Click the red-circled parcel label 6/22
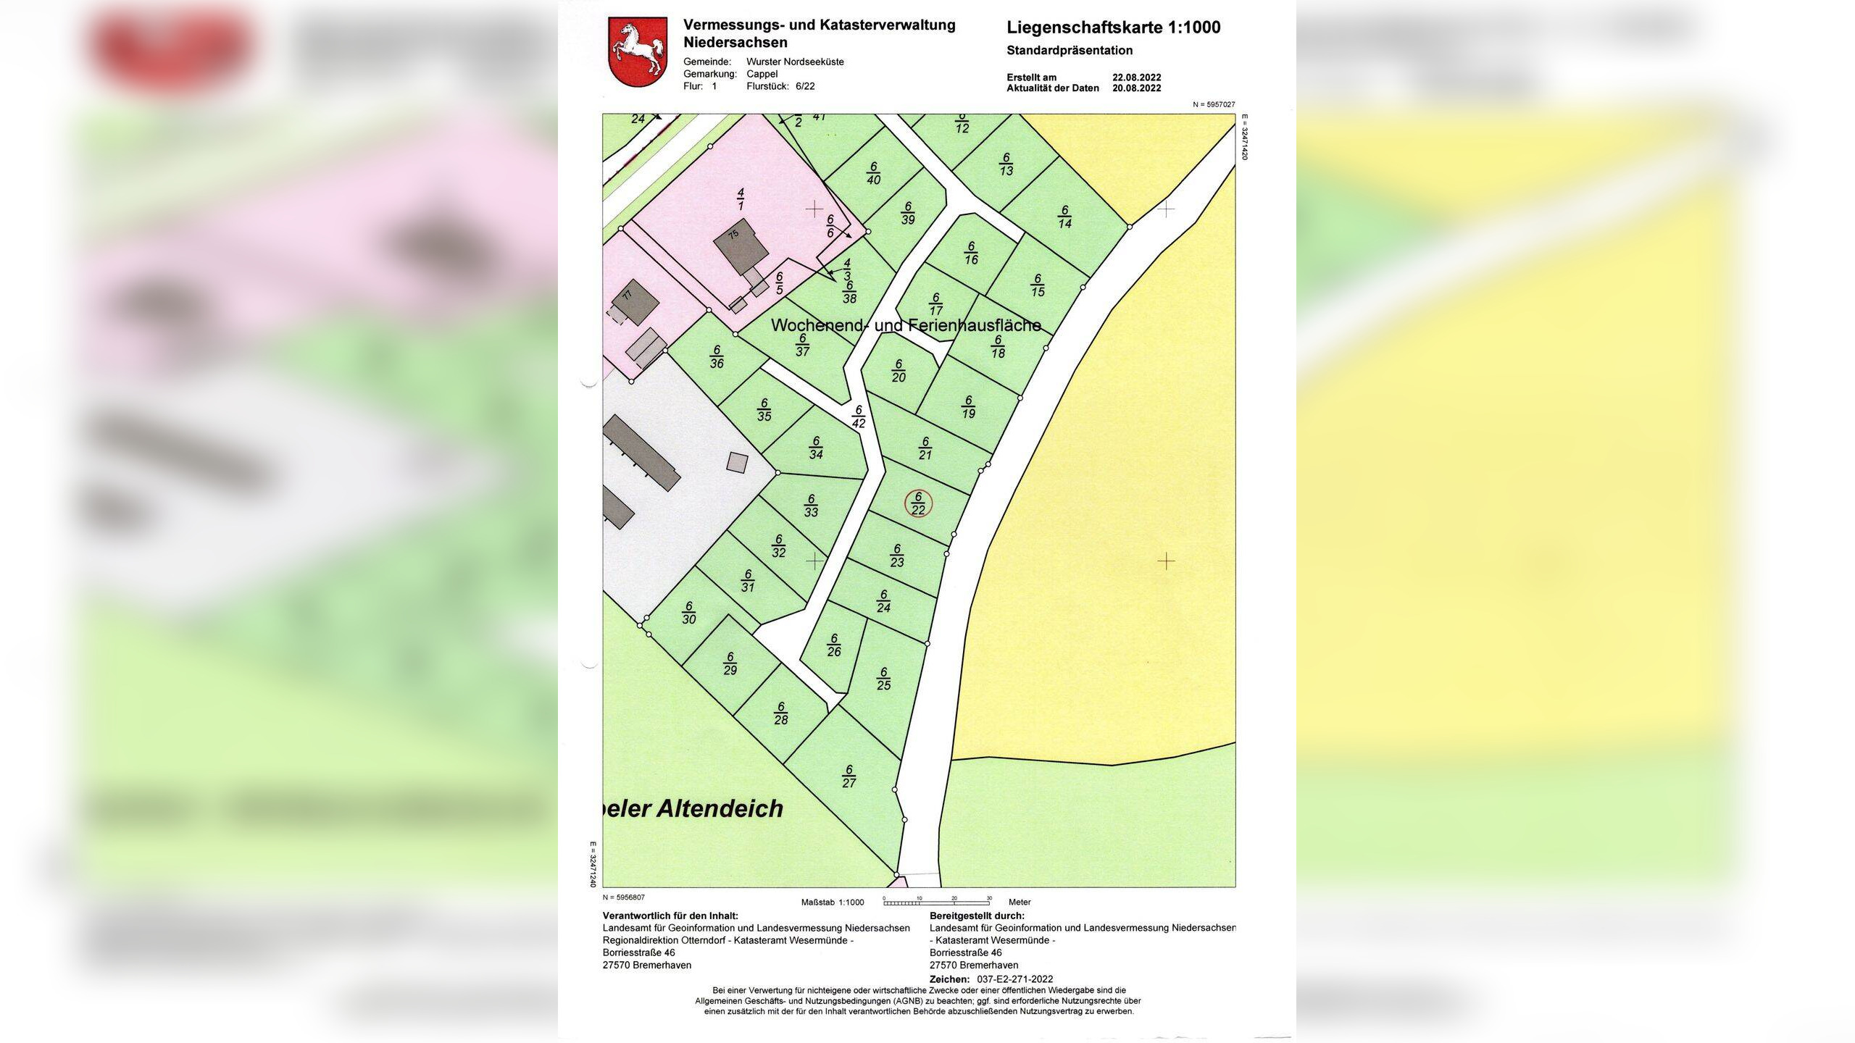918,503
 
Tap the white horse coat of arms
638,53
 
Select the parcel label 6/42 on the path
859,416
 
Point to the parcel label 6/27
849,776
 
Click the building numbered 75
741,250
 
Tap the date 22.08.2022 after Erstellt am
1136,78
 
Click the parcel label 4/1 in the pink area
741,199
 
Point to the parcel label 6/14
1064,217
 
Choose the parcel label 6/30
688,613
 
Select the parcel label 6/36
717,356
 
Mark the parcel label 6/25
883,679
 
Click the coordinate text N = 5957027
1214,105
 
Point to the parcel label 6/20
899,371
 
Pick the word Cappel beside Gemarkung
762,74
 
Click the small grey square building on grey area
737,462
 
